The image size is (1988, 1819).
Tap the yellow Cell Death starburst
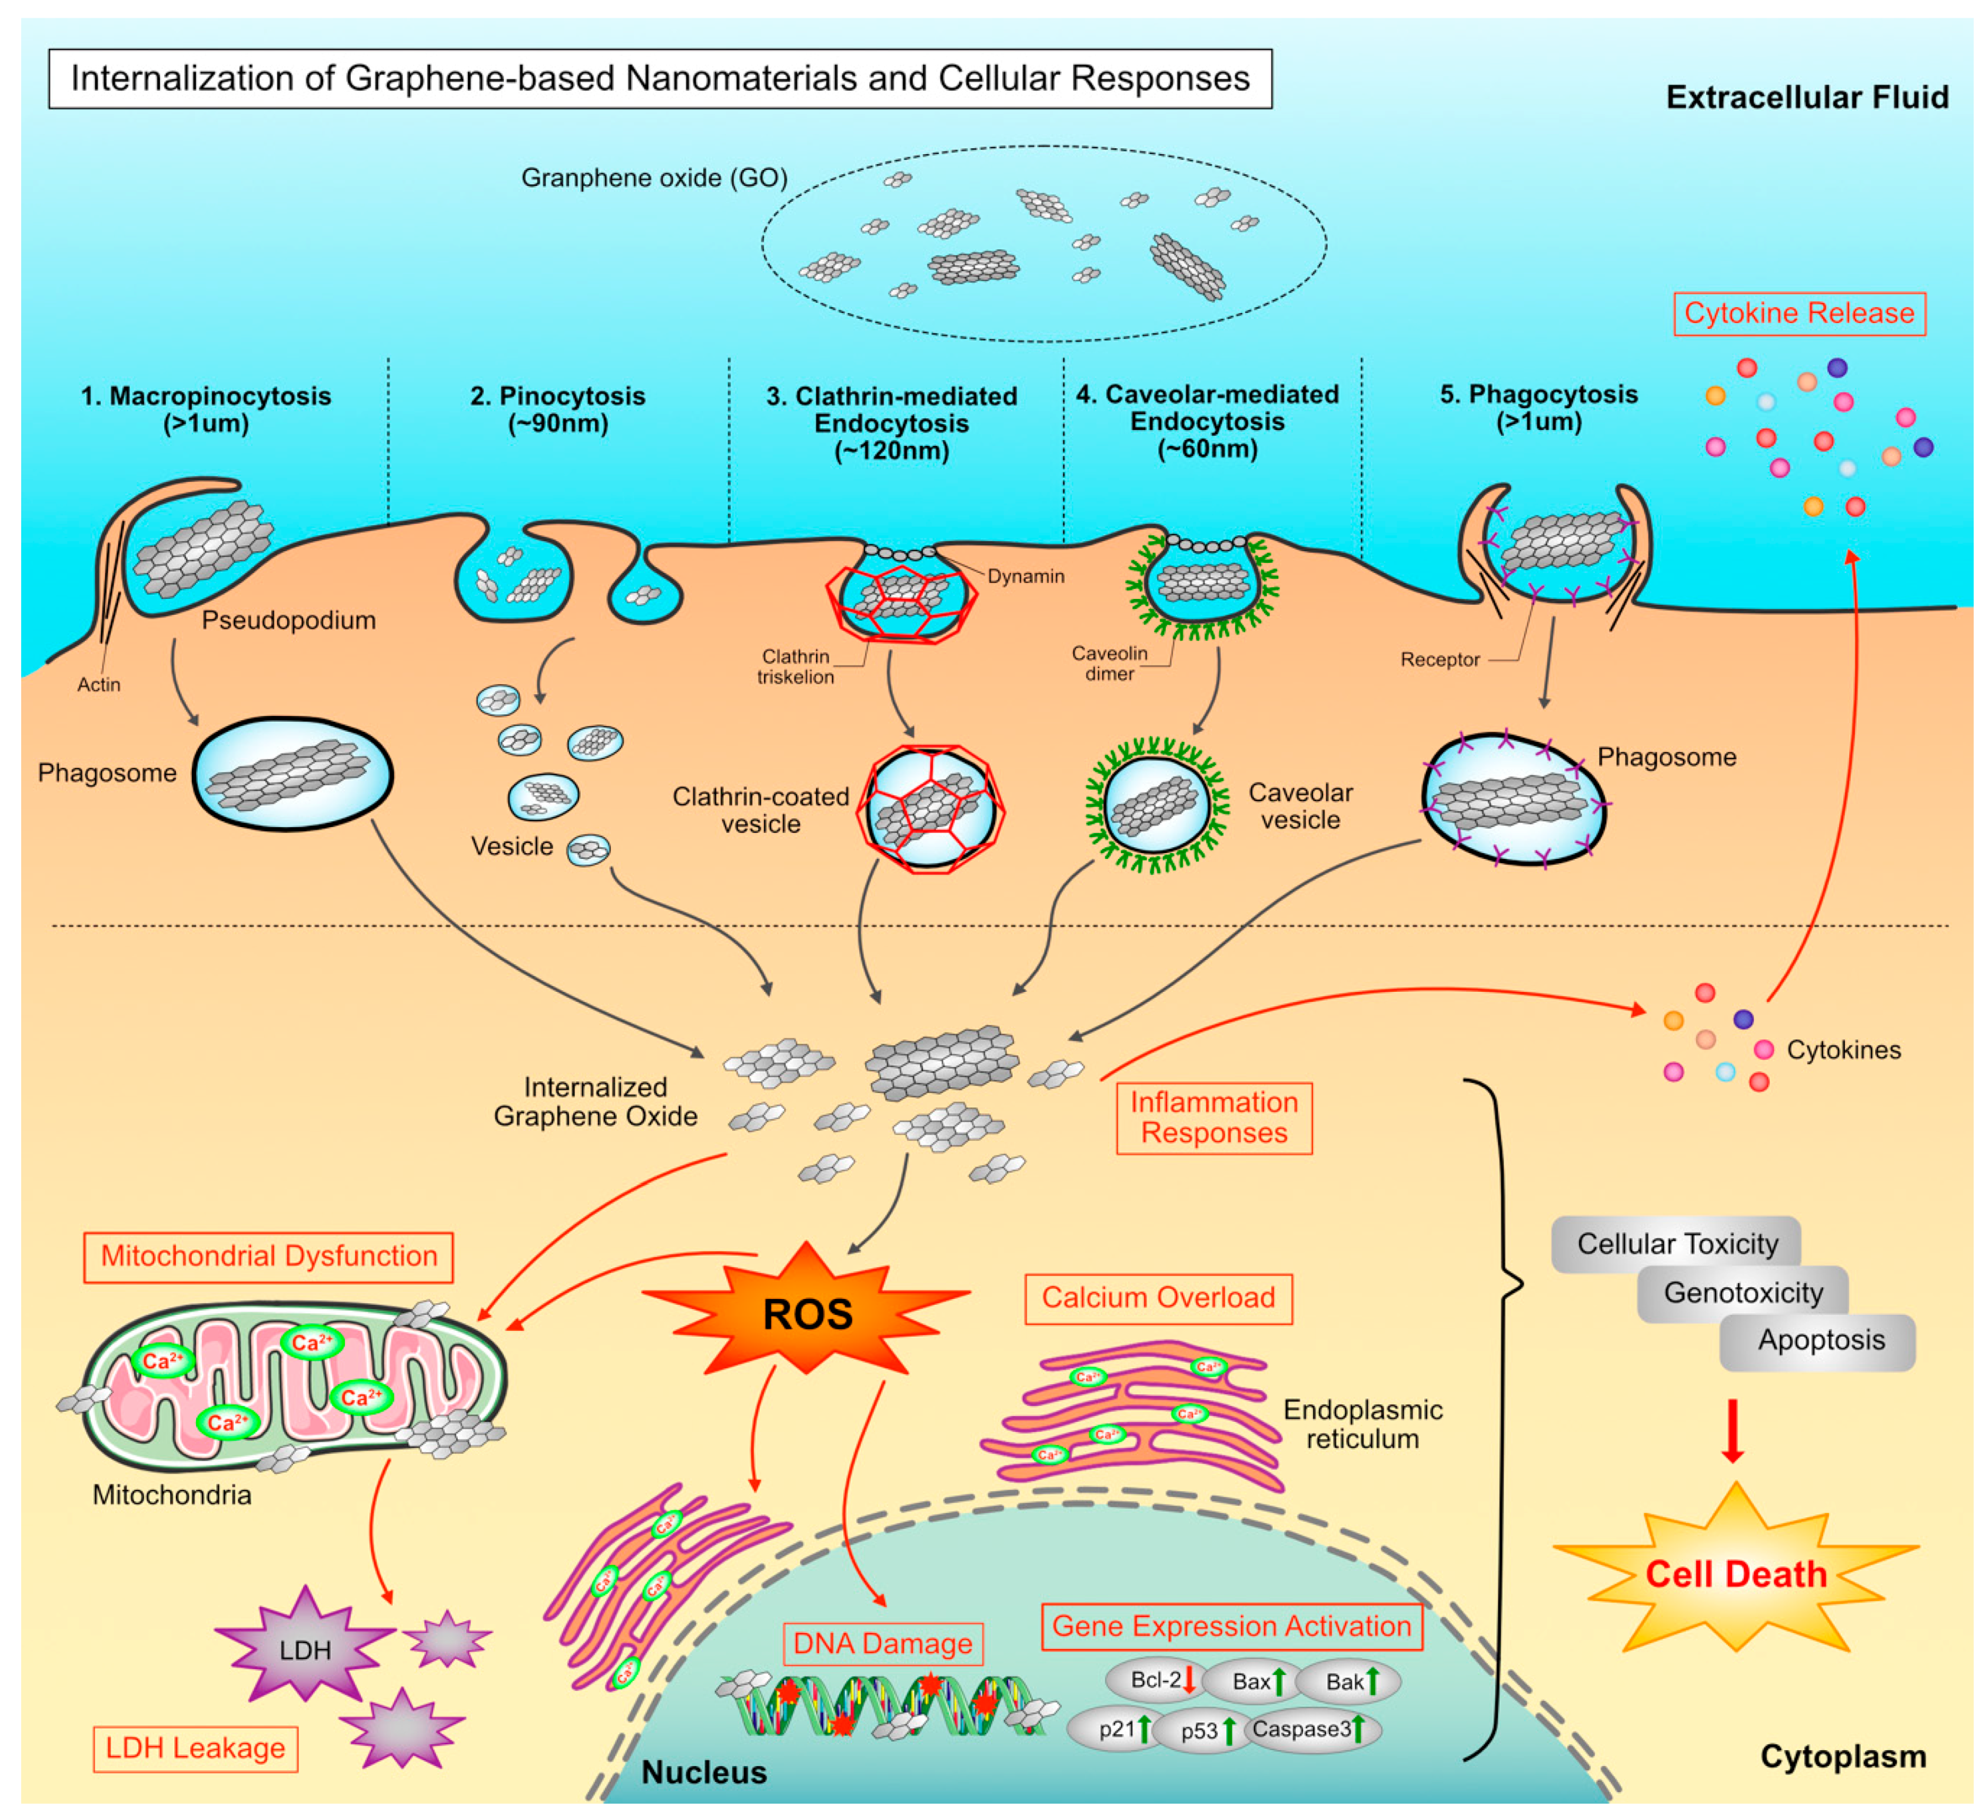point(1736,1574)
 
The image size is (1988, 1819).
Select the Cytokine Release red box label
point(1798,314)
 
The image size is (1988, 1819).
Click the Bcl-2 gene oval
point(1156,1680)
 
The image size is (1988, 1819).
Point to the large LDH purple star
point(305,1650)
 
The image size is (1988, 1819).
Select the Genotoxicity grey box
point(1743,1292)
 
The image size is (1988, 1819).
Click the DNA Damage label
point(883,1644)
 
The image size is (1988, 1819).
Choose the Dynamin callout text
point(1026,577)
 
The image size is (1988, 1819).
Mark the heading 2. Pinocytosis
point(557,397)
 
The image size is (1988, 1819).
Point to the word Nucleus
point(703,1772)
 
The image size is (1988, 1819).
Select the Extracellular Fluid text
point(1807,98)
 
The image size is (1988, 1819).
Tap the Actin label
point(99,684)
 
